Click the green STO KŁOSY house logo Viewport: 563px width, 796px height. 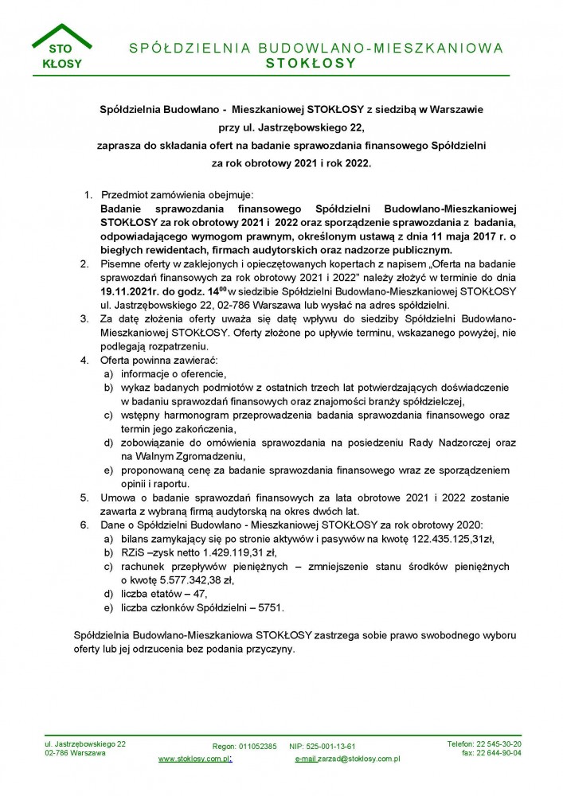click(61, 49)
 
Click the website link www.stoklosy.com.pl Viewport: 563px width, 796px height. click(194, 759)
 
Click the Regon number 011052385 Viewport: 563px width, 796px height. click(256, 746)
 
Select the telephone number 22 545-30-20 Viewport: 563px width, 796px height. click(495, 743)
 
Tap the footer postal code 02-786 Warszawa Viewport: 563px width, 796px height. click(75, 752)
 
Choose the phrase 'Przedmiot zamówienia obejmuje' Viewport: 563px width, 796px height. click(176, 194)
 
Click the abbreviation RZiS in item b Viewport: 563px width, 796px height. click(132, 552)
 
